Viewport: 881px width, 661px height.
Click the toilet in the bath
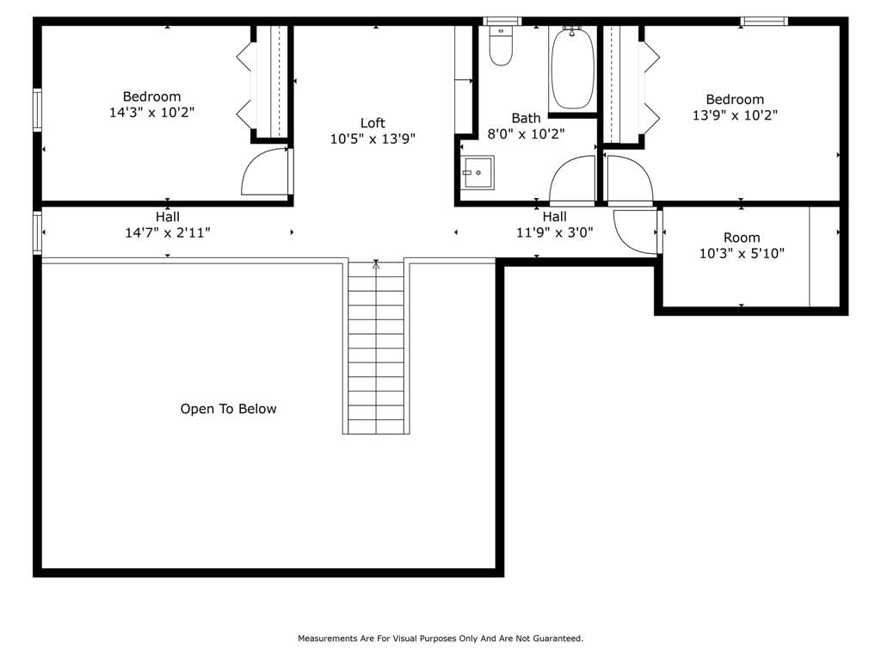pos(500,46)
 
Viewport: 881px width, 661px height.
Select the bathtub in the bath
pos(572,69)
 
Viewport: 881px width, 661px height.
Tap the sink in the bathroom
pos(478,172)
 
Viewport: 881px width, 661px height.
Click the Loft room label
pos(373,122)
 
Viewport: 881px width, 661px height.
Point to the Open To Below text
pos(228,409)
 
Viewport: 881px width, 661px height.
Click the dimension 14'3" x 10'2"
pos(151,112)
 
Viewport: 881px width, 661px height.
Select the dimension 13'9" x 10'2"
pos(735,114)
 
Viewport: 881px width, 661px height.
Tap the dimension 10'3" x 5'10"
pos(742,253)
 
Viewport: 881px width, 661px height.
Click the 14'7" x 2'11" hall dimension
pos(168,232)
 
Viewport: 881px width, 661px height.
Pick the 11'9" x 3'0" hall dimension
pos(555,232)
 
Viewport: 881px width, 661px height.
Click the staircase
pos(376,347)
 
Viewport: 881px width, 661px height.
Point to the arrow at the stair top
pos(376,264)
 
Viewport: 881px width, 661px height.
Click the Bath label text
pos(526,118)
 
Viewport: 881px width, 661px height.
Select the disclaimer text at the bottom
pos(440,638)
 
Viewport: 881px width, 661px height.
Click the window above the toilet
pos(502,22)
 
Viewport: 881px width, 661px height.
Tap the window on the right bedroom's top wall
pos(764,22)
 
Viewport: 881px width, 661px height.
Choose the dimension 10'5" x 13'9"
pos(373,139)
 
